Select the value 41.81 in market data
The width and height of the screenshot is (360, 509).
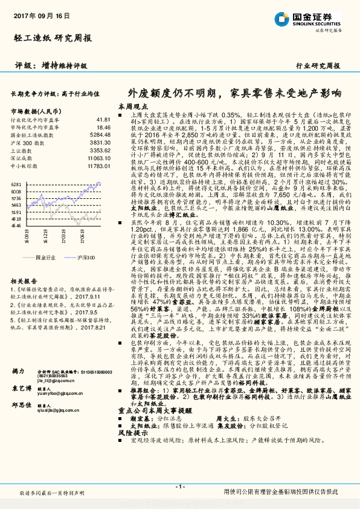(x=103, y=120)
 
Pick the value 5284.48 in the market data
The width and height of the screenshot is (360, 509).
(x=100, y=135)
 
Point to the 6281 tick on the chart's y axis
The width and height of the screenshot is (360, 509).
(x=16, y=184)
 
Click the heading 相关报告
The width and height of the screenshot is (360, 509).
(x=24, y=281)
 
